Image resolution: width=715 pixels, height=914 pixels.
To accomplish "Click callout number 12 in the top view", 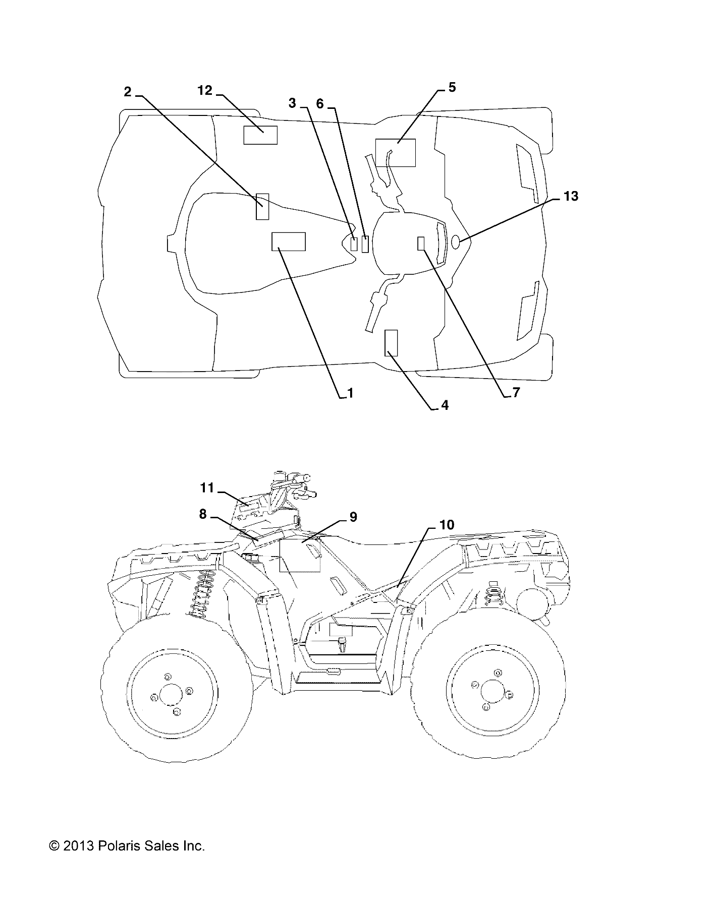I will pyautogui.click(x=205, y=90).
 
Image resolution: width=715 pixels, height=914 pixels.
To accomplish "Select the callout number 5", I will pyautogui.click(x=452, y=87).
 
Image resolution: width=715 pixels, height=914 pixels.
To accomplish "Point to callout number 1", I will pyautogui.click(x=350, y=393).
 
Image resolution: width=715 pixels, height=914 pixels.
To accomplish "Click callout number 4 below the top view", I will pyautogui.click(x=445, y=405).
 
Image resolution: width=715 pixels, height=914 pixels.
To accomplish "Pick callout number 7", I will pyautogui.click(x=516, y=393).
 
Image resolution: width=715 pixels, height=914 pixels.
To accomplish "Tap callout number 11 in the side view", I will pyautogui.click(x=207, y=488).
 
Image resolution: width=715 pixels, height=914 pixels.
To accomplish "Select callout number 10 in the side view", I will pyautogui.click(x=447, y=525).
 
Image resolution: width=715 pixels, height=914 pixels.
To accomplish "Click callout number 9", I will pyautogui.click(x=353, y=517).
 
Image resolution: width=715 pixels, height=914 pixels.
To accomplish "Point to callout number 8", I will pyautogui.click(x=203, y=514).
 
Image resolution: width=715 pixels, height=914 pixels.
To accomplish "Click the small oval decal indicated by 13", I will pyautogui.click(x=455, y=242).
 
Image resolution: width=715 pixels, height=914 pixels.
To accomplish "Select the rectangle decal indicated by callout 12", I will pyautogui.click(x=260, y=135).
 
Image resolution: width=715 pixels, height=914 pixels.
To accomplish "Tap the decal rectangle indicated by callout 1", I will pyautogui.click(x=289, y=241).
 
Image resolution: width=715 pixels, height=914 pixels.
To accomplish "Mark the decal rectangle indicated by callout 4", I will pyautogui.click(x=391, y=343).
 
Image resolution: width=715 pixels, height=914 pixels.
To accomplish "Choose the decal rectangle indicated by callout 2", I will pyautogui.click(x=262, y=206).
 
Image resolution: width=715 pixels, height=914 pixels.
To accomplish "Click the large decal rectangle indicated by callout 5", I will pyautogui.click(x=396, y=152).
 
